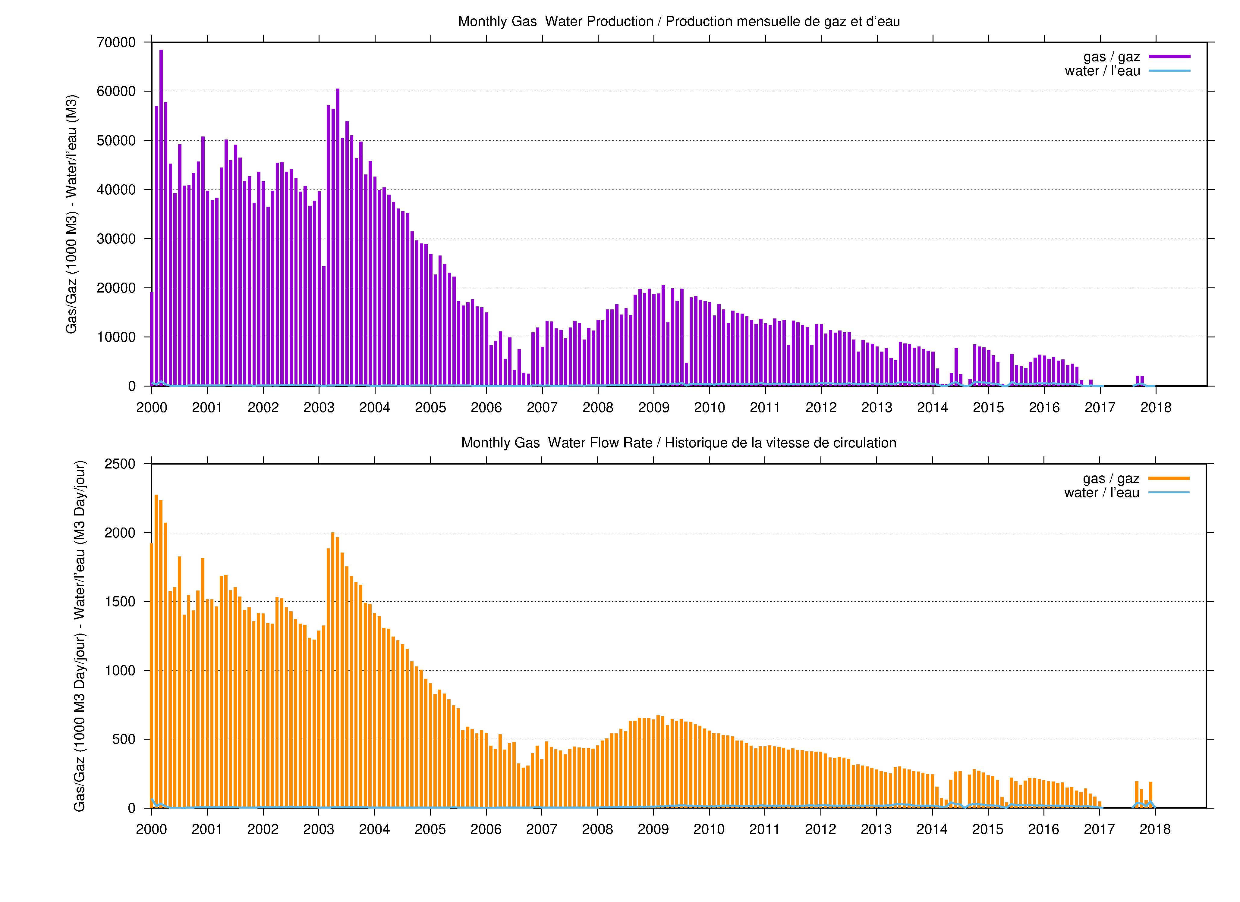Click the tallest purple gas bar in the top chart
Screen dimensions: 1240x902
click(x=161, y=218)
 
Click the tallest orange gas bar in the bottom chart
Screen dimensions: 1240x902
click(x=156, y=651)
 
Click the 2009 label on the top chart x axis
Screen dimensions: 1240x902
click(x=654, y=408)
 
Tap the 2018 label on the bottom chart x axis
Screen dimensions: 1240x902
click(x=1155, y=829)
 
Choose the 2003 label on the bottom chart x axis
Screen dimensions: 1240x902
click(x=319, y=829)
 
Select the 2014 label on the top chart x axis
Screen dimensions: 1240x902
click(x=933, y=408)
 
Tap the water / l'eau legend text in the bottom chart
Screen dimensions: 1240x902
click(x=1102, y=493)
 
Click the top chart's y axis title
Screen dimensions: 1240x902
click(x=72, y=214)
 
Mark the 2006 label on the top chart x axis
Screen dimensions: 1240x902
click(x=486, y=408)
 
